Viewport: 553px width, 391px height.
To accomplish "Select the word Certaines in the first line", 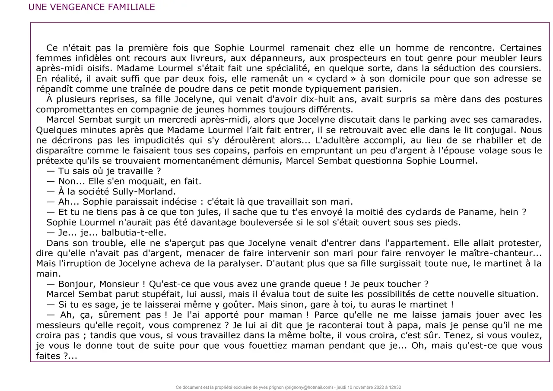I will click(521, 48).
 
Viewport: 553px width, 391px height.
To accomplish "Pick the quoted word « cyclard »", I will click(332, 79).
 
